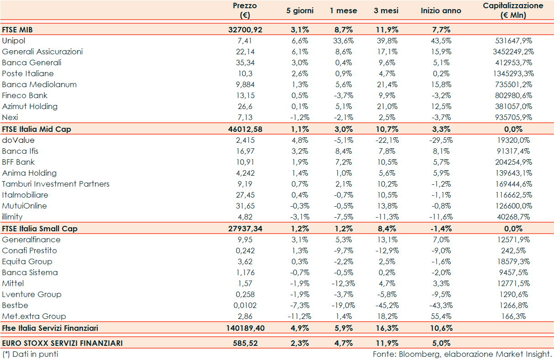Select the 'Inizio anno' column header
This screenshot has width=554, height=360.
[x=440, y=10]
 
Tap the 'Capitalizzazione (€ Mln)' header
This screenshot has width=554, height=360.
[x=513, y=10]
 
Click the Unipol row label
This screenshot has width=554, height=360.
[x=13, y=41]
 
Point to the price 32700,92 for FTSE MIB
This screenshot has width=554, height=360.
[x=246, y=30]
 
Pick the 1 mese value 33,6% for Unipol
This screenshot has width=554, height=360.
[x=343, y=41]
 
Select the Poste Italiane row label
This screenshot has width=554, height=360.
[x=28, y=73]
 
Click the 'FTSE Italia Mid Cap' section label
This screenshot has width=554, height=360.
[x=37, y=129]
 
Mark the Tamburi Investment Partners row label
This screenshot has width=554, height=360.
[x=56, y=184]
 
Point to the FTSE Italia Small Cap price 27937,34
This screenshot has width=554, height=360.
[x=246, y=229]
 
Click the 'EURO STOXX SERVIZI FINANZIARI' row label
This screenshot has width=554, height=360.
[x=62, y=343]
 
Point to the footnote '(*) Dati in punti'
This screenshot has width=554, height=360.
[x=30, y=354]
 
